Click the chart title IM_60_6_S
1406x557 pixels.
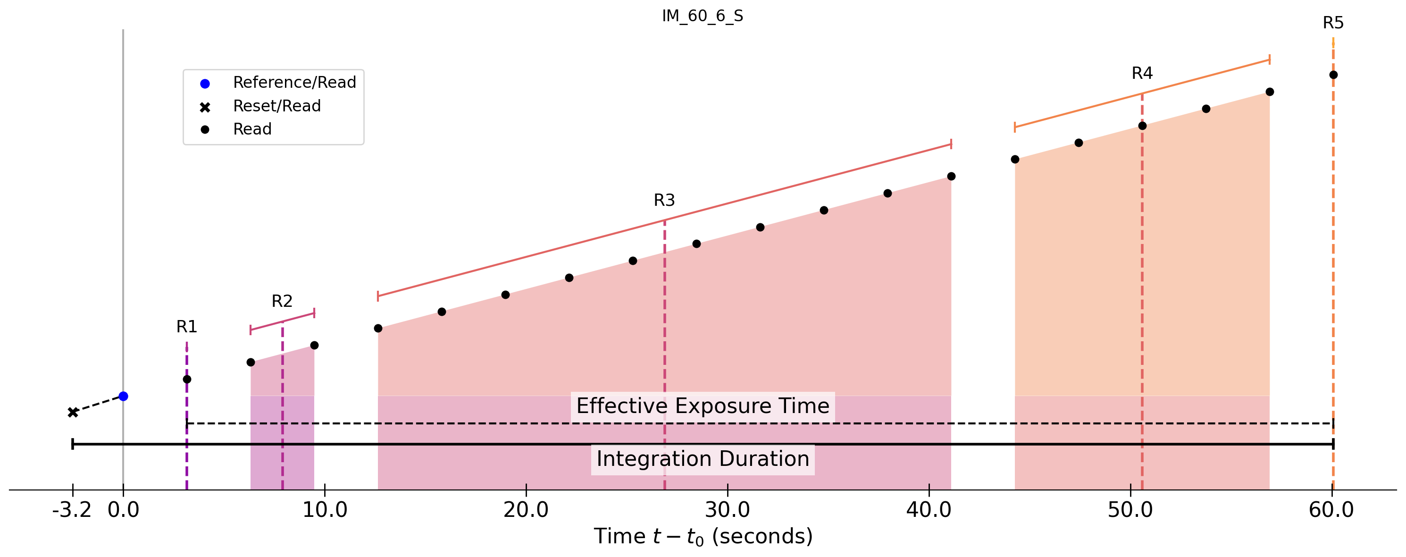tap(703, 17)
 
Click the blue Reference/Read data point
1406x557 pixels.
tap(123, 397)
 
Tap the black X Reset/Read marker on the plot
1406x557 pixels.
tap(73, 412)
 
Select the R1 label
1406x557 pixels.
tap(187, 327)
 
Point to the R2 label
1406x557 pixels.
tap(282, 301)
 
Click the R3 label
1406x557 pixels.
tap(664, 201)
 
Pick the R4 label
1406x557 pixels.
tap(1142, 73)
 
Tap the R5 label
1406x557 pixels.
tap(1333, 23)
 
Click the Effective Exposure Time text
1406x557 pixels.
tap(703, 406)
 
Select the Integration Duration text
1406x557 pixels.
tap(703, 459)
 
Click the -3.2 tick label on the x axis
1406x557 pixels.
tap(72, 510)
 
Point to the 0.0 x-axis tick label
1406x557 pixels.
tap(123, 510)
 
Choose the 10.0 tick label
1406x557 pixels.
tap(325, 510)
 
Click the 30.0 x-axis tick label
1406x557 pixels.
tap(728, 510)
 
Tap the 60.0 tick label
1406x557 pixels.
tap(1332, 510)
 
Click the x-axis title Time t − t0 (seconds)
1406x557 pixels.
tap(703, 537)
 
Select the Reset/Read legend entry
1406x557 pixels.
tap(277, 106)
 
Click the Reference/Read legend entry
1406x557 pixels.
tap(294, 83)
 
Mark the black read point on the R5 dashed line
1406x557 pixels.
tap(1333, 75)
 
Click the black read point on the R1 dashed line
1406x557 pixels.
tap(187, 380)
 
